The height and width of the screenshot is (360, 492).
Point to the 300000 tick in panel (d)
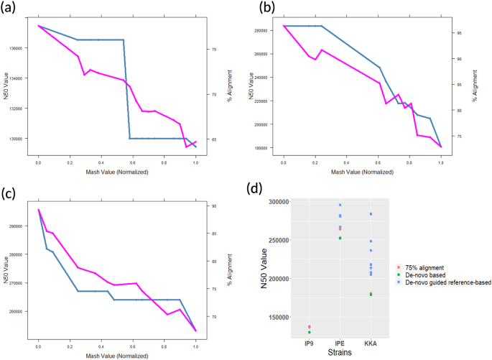click(x=278, y=202)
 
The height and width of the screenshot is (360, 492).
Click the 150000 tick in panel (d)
click(x=278, y=317)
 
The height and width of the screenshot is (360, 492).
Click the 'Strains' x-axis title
click(x=340, y=353)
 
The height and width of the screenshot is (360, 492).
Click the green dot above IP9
click(x=309, y=332)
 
